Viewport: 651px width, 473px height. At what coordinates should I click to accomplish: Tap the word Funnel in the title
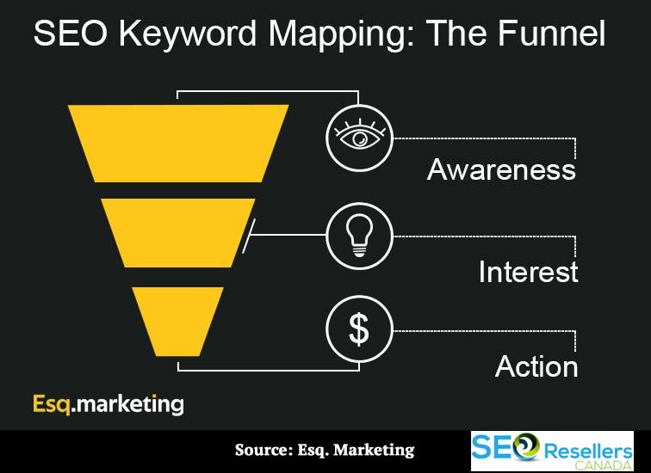(552, 34)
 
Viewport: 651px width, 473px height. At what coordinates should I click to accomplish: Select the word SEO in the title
(70, 34)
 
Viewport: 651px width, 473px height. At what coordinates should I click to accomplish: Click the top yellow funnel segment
(178, 144)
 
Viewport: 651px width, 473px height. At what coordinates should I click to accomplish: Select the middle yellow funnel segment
(178, 233)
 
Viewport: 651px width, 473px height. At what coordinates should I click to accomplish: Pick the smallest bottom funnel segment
(178, 322)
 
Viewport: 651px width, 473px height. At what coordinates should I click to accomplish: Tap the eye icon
(360, 137)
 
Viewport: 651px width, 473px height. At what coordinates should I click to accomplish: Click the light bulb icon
(360, 236)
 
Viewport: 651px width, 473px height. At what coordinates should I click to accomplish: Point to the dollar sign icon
(359, 329)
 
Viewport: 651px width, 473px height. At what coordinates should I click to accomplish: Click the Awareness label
(501, 169)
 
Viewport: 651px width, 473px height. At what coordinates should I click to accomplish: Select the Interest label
(529, 272)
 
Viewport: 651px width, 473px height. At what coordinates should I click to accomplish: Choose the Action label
(536, 366)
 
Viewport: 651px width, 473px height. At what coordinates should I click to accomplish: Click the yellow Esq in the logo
(52, 404)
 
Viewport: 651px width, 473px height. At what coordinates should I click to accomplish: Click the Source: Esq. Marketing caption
(325, 450)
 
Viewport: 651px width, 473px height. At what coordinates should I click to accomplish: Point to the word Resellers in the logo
(588, 451)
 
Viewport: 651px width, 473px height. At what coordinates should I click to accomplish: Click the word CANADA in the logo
(604, 465)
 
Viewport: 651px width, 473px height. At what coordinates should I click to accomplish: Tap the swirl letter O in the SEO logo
(525, 447)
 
